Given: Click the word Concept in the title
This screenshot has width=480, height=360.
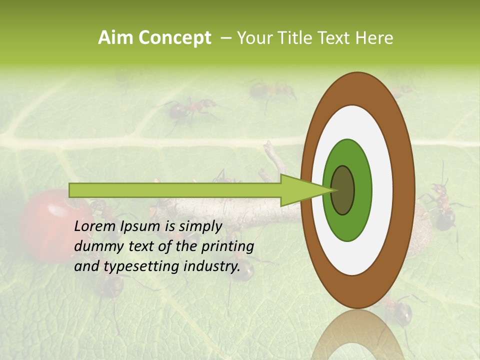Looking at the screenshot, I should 175,38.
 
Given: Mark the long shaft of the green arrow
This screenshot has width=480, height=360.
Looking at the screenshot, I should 175,190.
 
